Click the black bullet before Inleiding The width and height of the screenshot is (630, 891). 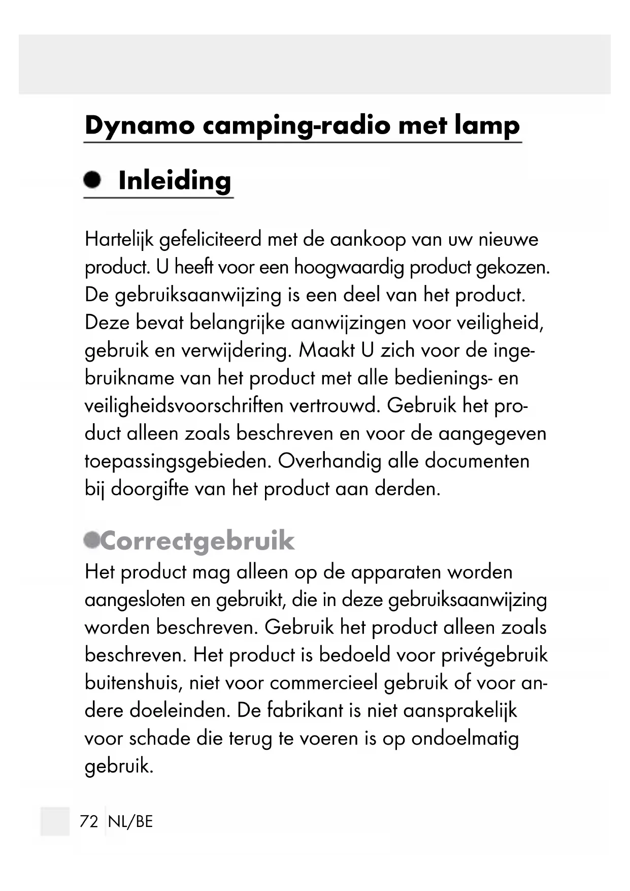[92, 180]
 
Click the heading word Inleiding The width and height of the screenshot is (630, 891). [175, 181]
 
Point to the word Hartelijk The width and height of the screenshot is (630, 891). [119, 239]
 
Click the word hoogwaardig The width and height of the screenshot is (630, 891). [349, 267]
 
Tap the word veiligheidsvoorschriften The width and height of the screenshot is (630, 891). [184, 406]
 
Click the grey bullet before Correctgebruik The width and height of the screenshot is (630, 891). [92, 539]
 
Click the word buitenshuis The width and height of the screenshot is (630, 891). [133, 683]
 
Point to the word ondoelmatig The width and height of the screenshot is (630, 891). [465, 738]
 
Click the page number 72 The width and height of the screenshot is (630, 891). [89, 821]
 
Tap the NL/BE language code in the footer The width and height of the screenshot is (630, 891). [130, 821]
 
